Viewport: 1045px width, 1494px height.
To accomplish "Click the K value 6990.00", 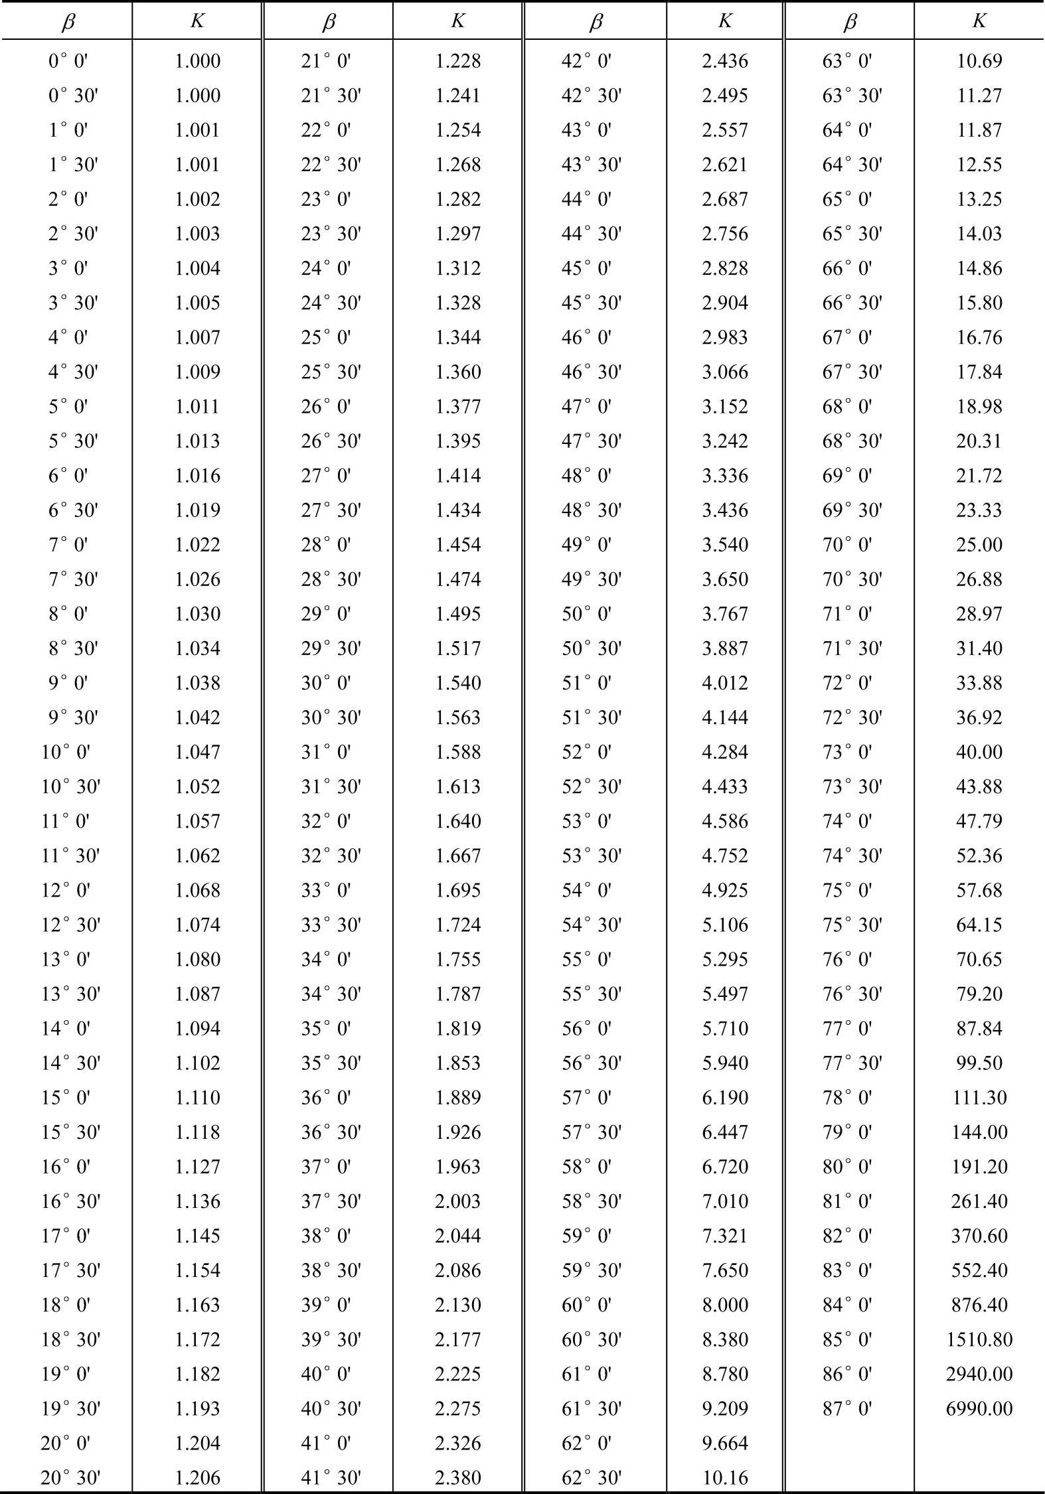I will tap(979, 1408).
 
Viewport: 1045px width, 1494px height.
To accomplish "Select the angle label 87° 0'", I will tap(847, 1408).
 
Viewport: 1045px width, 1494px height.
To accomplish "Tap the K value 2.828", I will tap(725, 268).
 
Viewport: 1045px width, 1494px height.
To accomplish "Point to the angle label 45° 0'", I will tap(586, 268).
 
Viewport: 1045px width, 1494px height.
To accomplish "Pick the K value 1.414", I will tap(458, 475).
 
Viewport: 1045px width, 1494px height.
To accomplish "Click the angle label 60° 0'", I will tap(586, 1305).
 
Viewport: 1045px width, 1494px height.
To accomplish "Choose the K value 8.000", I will tap(725, 1305).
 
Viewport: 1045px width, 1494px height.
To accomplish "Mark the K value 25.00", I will tap(979, 544).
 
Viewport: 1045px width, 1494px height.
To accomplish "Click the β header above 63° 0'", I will tap(849, 22).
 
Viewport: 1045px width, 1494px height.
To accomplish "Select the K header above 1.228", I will tap(457, 21).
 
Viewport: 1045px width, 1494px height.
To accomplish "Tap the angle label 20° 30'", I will tap(70, 1477).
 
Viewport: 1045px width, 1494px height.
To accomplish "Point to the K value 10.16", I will tap(725, 1477).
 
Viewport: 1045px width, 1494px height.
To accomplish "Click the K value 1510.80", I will tap(979, 1339).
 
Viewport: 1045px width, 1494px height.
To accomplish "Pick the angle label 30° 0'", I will tap(326, 682).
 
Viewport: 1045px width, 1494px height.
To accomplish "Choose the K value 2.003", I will tap(458, 1201).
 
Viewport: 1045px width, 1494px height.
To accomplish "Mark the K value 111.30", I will tap(979, 1097).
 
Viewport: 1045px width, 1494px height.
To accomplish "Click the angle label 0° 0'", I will tap(68, 61).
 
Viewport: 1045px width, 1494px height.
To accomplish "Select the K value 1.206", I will tap(197, 1477).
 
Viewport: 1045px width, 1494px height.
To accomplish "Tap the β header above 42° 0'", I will tap(595, 22).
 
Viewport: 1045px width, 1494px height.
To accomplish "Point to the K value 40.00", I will tap(979, 751).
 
